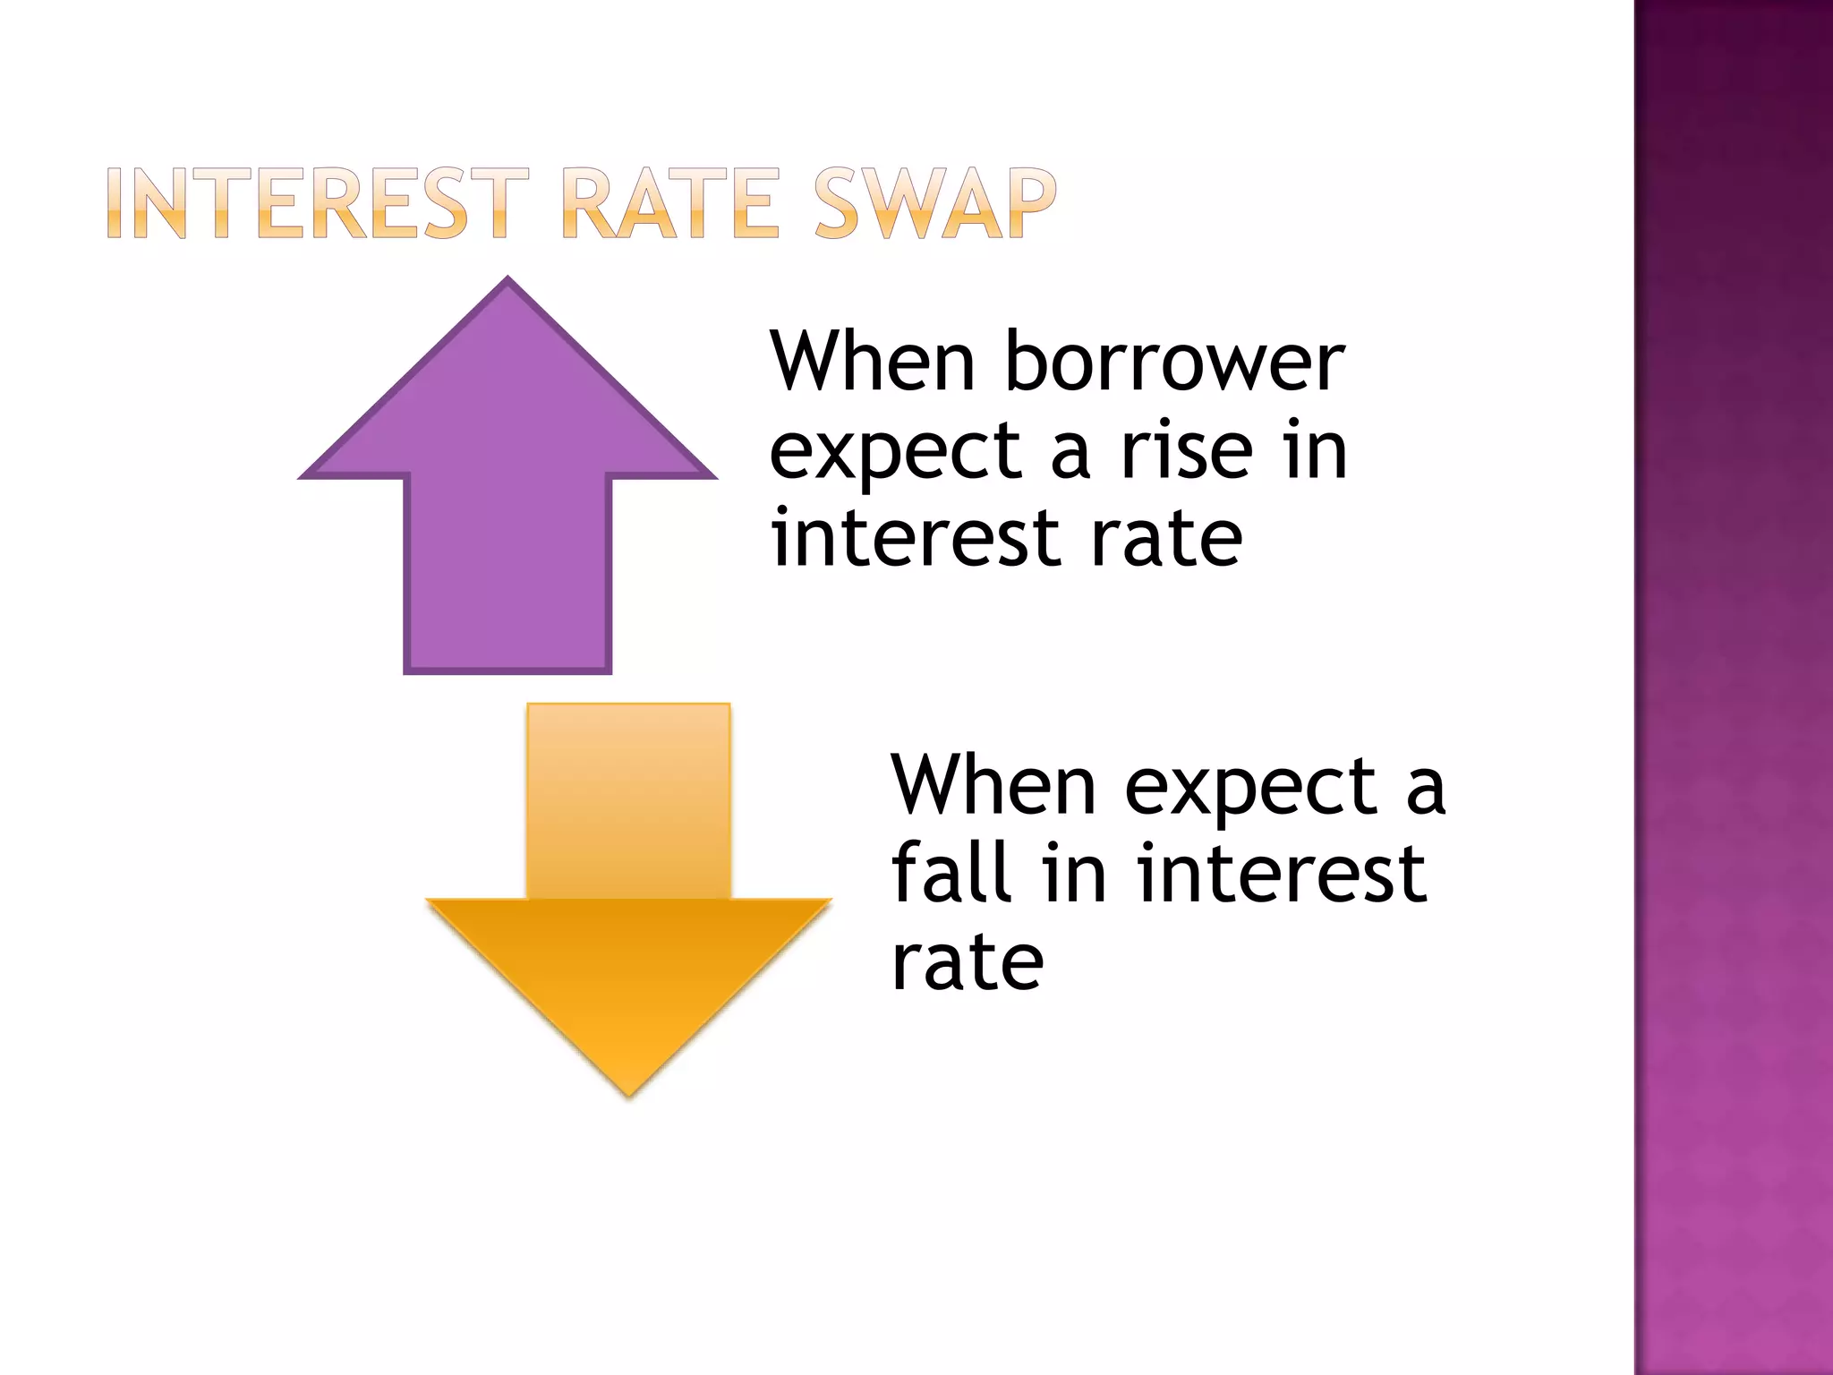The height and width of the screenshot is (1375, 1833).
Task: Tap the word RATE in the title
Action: point(670,204)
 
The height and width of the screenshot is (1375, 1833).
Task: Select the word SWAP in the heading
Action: point(934,204)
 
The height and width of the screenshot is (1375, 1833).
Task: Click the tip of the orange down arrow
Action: point(628,1094)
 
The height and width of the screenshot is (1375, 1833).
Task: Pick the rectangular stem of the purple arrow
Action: point(507,573)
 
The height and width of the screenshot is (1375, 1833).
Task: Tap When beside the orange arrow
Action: point(993,786)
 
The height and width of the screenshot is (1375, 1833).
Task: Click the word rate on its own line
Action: point(967,963)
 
